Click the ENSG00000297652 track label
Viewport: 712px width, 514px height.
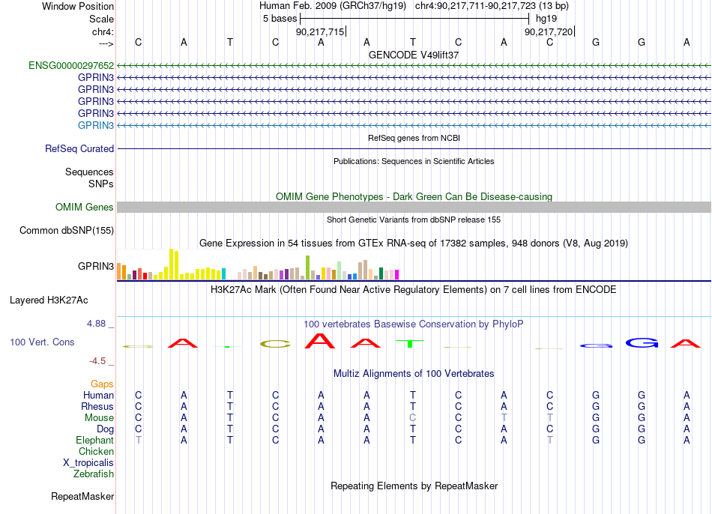[x=71, y=65]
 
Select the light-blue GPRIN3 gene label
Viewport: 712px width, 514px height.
[x=96, y=125]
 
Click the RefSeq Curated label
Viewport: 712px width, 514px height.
[x=79, y=148]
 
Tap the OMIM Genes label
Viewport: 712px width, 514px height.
[x=85, y=207]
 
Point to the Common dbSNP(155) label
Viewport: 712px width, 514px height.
[x=67, y=230]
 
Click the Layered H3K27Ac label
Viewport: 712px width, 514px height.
[x=49, y=300]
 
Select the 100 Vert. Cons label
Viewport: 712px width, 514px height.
[x=42, y=342]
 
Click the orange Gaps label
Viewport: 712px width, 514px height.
[x=102, y=384]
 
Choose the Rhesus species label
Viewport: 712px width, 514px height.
[x=97, y=406]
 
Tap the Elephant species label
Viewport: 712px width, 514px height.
[x=95, y=440]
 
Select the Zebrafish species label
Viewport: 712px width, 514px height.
[x=94, y=474]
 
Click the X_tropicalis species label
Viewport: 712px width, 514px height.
[x=88, y=463]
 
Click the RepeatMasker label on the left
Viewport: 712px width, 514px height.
[x=82, y=496]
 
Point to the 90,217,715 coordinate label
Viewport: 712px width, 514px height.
[x=320, y=31]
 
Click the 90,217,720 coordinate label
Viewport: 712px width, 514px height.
[x=549, y=31]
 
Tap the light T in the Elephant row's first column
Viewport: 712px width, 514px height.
[x=139, y=440]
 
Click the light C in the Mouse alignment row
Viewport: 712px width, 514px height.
[x=412, y=417]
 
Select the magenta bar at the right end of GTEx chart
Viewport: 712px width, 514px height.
[x=396, y=274]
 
